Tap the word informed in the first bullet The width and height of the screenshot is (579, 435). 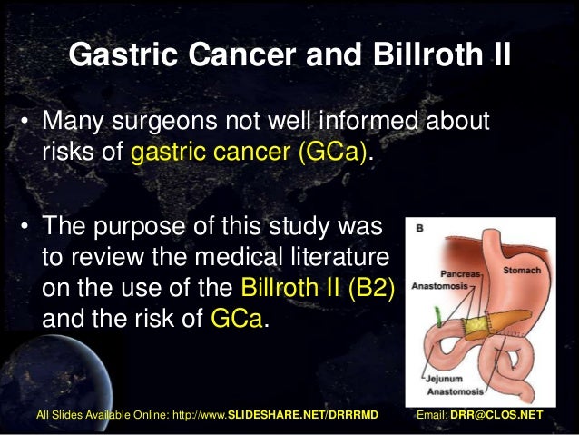coord(358,120)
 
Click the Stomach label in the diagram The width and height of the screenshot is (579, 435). coord(521,270)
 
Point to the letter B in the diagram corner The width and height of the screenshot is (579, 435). coord(419,231)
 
